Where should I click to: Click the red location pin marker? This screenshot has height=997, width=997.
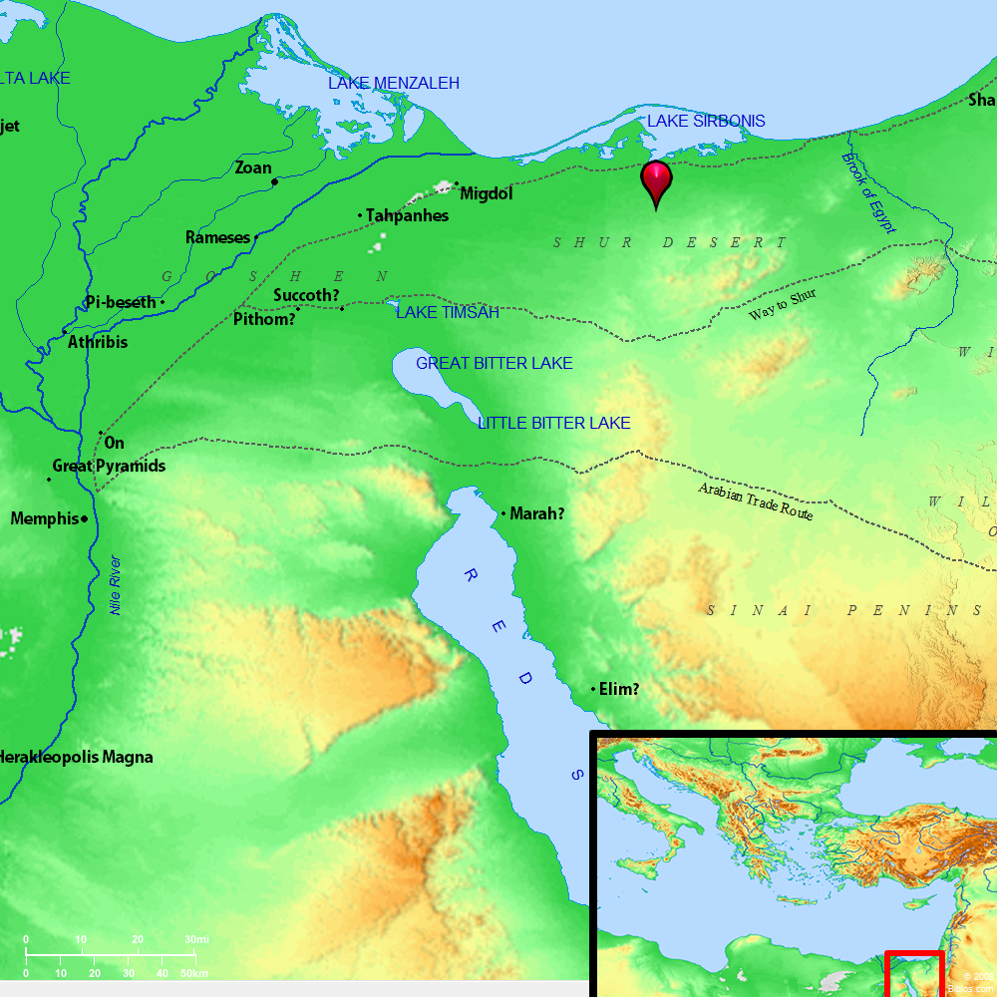tap(656, 181)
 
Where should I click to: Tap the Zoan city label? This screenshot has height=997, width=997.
tap(253, 167)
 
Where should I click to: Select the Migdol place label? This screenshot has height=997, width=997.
tap(487, 193)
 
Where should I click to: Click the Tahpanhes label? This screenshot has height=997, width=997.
tap(407, 215)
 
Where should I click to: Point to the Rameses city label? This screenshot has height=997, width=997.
tap(217, 237)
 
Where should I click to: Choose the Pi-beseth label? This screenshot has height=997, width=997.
tap(121, 302)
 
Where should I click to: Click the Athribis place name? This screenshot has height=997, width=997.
tap(98, 342)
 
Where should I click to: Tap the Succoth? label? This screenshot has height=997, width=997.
tap(307, 295)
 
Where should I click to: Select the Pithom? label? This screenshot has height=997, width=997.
tap(264, 319)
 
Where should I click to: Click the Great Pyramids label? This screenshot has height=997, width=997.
tap(109, 466)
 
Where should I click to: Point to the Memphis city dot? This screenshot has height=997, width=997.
tap(85, 519)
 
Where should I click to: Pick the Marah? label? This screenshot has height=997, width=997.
tap(537, 514)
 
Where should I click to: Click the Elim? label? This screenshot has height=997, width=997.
tap(619, 688)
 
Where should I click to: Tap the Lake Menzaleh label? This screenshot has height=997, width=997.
tap(394, 84)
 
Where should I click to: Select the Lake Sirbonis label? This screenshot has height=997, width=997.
tap(706, 121)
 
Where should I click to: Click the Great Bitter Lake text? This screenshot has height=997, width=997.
tap(495, 363)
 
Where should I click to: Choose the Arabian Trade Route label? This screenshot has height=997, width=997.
tap(756, 501)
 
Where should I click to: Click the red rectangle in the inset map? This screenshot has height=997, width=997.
tap(914, 974)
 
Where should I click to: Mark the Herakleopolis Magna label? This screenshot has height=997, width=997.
tap(77, 757)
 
